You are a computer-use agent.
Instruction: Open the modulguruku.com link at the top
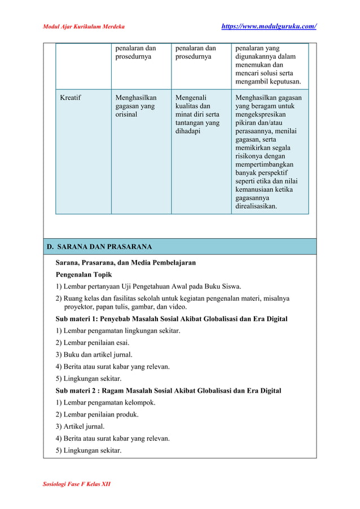[x=268, y=27]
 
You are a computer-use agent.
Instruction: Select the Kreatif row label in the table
[x=71, y=98]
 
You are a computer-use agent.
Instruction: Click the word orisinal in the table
[x=126, y=115]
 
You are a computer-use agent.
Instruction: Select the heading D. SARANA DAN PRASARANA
[x=99, y=247]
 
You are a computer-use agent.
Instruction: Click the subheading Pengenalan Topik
[x=84, y=275]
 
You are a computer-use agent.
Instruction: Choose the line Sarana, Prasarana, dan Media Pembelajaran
[x=125, y=263]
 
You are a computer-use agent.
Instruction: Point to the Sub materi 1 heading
[x=171, y=319]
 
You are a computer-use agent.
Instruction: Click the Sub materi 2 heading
[x=168, y=390]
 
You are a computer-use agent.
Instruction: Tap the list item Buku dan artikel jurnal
[x=94, y=354]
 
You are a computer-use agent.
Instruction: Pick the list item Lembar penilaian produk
[x=97, y=414]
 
